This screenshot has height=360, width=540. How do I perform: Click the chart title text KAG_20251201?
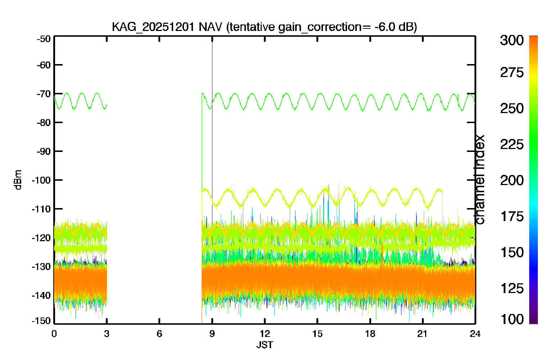153,27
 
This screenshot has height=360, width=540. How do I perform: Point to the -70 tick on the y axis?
44,94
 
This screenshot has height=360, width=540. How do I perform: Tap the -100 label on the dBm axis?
41,180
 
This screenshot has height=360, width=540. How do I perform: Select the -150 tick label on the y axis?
41,321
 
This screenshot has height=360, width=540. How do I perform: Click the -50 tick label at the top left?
44,39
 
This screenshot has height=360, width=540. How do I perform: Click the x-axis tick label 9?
212,334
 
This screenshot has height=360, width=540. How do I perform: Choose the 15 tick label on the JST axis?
317,334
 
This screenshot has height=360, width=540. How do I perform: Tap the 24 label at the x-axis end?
475,334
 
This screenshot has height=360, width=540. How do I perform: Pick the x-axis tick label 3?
107,334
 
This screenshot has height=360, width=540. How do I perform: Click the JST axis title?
265,345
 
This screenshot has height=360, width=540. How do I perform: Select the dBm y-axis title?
18,180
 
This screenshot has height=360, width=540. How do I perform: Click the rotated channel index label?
479,180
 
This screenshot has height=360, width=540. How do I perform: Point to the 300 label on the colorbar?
512,40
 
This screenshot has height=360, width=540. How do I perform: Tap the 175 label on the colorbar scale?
512,216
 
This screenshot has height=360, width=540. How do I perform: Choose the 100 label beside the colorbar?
512,319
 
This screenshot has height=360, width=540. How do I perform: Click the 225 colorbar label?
512,145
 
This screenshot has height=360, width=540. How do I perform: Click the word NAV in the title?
210,27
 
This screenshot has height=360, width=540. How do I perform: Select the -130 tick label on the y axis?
41,267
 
